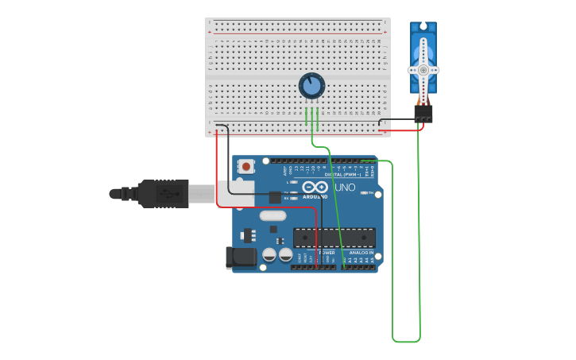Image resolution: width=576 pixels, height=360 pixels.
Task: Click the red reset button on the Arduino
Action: coord(246,167)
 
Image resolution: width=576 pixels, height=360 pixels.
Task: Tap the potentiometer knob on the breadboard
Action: coord(311,86)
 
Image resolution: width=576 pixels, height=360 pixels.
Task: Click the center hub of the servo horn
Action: coord(423,70)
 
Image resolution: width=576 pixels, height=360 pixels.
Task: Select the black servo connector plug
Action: coord(423,114)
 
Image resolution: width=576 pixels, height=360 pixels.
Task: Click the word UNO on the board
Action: coord(345,187)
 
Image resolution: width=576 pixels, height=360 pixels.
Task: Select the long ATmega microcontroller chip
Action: coord(334,237)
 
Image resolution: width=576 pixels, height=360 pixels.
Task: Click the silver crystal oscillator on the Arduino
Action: coord(272,215)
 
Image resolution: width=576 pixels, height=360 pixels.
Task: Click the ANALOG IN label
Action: coord(361,252)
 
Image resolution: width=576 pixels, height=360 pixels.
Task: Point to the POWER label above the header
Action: coord(327,252)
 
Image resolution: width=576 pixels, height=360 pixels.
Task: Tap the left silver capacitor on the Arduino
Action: coord(269,254)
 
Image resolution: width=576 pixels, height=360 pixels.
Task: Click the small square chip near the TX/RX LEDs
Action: coord(275,197)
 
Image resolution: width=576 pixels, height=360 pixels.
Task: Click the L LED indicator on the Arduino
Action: coord(295,182)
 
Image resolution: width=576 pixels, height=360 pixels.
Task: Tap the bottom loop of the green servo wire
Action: coord(406,342)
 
